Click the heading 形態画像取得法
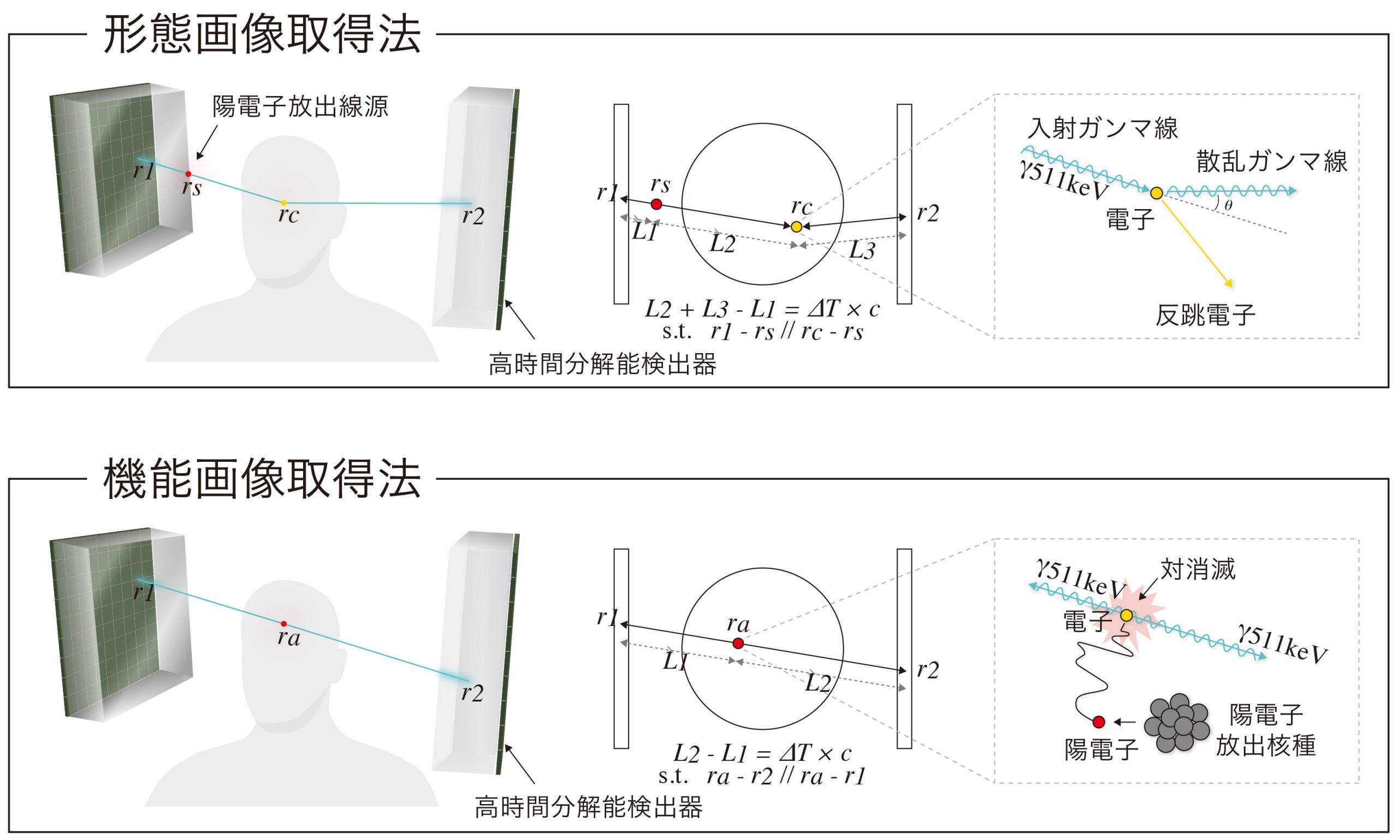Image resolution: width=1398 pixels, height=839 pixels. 262,35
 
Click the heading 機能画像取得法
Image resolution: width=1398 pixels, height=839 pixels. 262,479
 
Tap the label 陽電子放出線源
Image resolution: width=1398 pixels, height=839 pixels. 300,106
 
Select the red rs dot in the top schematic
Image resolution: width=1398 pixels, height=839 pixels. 656,204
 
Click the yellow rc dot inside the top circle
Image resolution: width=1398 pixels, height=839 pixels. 796,227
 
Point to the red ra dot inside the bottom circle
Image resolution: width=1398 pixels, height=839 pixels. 737,644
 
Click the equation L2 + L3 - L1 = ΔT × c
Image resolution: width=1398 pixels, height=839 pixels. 762,310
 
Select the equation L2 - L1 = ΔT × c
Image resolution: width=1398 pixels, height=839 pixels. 762,754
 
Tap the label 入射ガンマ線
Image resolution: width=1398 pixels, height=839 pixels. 1102,128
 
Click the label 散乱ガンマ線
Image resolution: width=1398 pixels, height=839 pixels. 1272,162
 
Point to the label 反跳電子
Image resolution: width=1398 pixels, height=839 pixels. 1205,315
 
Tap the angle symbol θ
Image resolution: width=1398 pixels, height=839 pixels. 1228,205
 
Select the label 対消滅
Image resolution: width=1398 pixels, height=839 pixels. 1198,569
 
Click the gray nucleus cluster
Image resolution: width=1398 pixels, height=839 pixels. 1176,723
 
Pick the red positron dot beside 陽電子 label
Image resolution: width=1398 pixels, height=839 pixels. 1098,722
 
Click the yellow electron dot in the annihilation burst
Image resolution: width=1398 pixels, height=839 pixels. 1127,616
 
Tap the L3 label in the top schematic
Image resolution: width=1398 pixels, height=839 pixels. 862,250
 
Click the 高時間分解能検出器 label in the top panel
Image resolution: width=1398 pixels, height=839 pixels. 602,364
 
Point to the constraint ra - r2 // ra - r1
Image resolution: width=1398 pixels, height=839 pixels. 786,776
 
